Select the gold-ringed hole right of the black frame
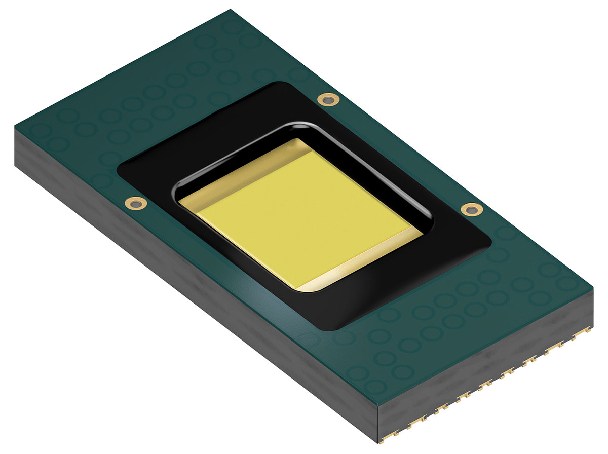point(471,209)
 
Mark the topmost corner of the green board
point(231,10)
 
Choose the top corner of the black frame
point(284,82)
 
